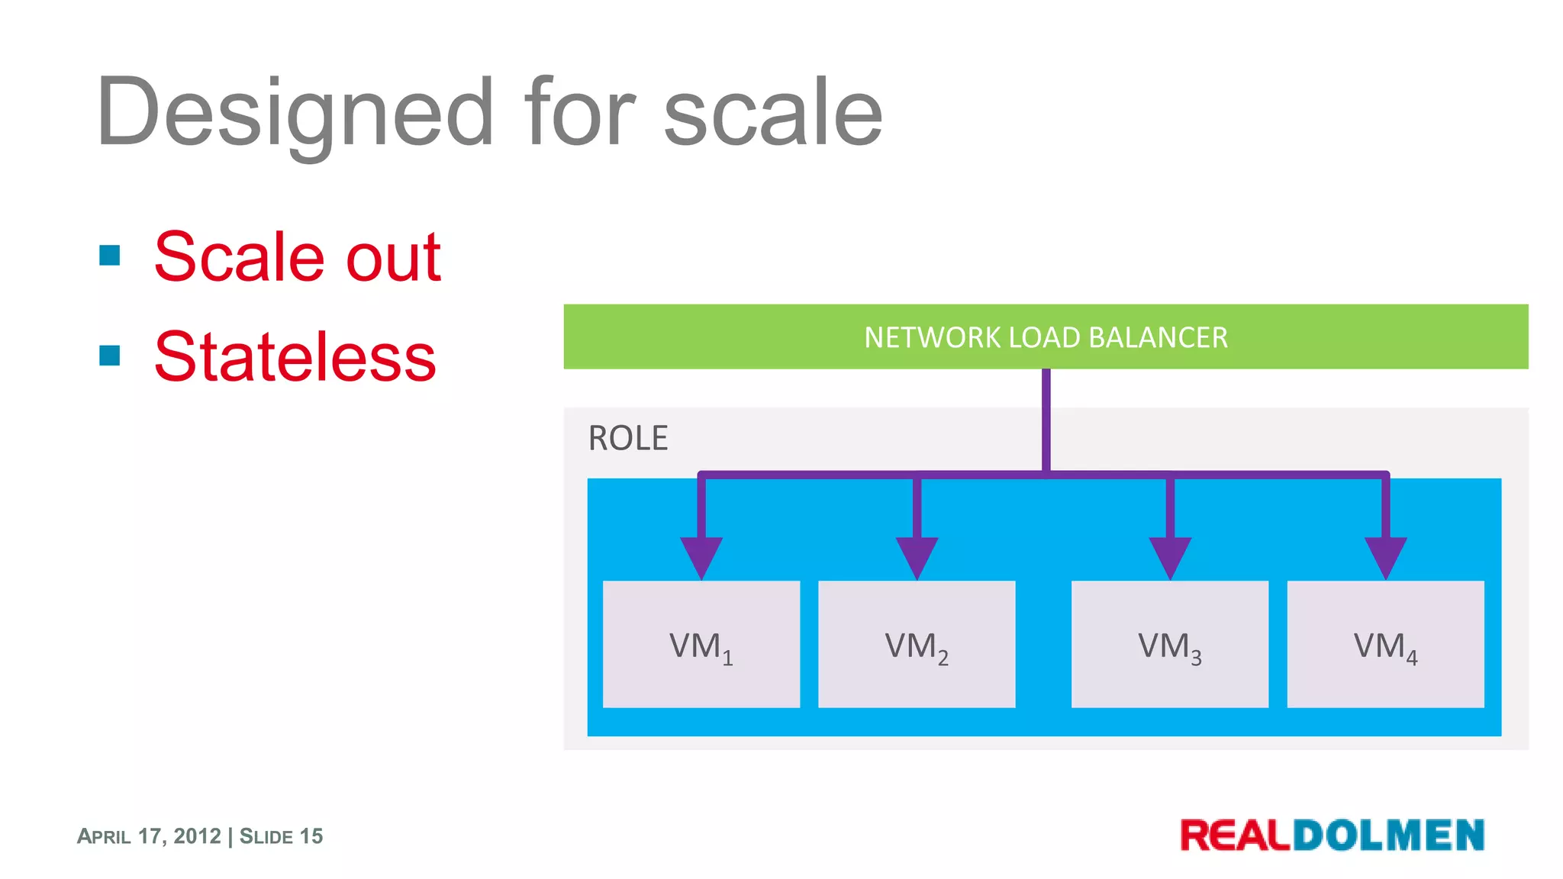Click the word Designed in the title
click(x=294, y=113)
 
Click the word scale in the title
click(x=773, y=113)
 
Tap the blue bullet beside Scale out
click(x=110, y=255)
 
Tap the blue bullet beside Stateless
click(x=110, y=356)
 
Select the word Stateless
click(x=295, y=357)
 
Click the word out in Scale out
click(x=393, y=257)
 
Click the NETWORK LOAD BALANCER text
click(x=1046, y=337)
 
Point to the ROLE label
click(x=627, y=438)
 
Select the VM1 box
click(x=701, y=644)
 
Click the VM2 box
click(x=917, y=644)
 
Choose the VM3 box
click(x=1170, y=644)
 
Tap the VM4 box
click(x=1385, y=644)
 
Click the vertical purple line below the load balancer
click(x=1046, y=420)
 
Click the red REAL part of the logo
click(x=1235, y=836)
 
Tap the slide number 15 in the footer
click(x=311, y=836)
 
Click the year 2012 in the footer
click(x=197, y=836)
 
